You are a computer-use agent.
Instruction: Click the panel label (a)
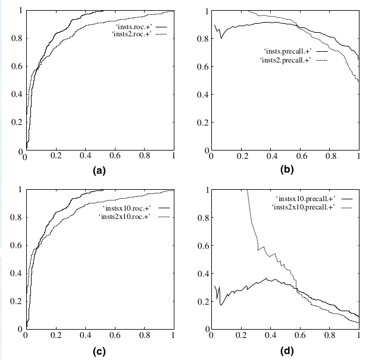99,171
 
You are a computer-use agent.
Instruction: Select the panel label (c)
99,350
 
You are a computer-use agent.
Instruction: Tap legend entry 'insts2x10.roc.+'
124,217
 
